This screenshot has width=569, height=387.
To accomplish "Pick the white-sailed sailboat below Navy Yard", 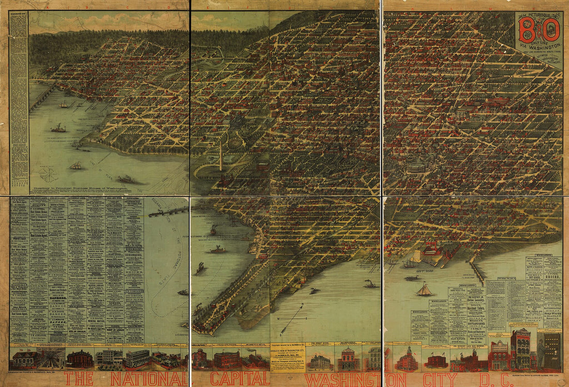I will [x=424, y=290].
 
